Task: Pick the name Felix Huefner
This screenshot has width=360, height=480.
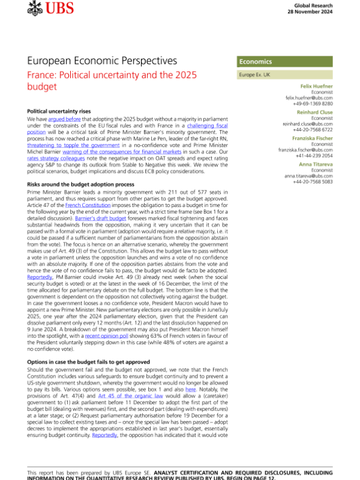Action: point(317,86)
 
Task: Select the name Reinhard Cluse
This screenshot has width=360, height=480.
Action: point(316,112)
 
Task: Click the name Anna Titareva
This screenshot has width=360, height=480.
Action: point(317,164)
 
